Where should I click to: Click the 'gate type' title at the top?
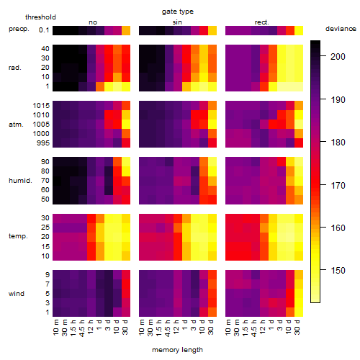178,12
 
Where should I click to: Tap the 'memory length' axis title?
177,350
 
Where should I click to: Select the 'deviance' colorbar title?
341,29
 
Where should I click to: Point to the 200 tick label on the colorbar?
338,57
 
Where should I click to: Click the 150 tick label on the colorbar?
338,271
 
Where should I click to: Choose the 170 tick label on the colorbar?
338,185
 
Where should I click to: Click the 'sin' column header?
177,22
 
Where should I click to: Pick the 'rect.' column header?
262,22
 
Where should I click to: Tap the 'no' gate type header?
93,22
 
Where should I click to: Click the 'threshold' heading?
40,17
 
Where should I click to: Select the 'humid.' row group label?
20,181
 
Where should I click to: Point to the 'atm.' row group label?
16,125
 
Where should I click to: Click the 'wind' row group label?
17,294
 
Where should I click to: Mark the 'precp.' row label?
19,29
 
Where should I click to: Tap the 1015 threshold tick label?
41,106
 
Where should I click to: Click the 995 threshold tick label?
43,143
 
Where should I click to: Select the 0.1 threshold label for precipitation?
44,30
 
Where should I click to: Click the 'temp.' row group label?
18,236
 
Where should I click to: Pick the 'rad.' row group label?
15,68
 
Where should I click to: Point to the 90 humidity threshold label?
45,162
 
